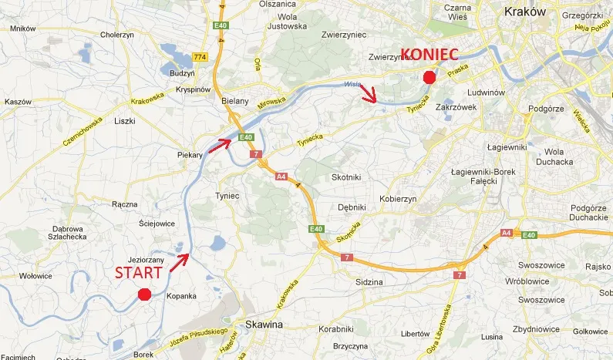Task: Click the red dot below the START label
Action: pos(143,294)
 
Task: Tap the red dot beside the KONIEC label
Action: pos(429,76)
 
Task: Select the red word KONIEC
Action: pos(429,55)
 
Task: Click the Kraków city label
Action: pos(524,11)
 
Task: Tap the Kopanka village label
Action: pos(181,296)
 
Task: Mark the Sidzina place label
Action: pos(368,283)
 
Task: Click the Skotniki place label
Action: pos(346,177)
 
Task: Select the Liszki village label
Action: pos(124,121)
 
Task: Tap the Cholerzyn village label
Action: pos(118,35)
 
